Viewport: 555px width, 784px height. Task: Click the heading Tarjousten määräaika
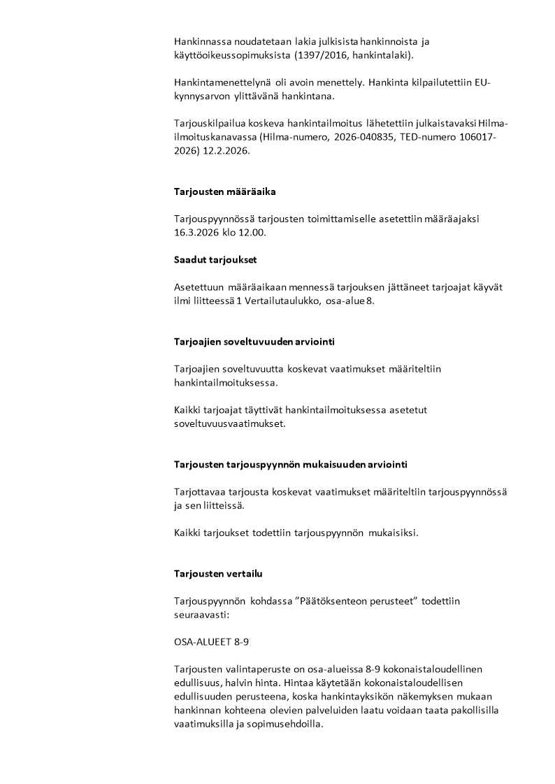pos(229,191)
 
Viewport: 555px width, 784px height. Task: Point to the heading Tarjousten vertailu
pos(218,574)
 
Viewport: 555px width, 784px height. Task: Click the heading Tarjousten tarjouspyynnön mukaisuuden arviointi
pos(290,464)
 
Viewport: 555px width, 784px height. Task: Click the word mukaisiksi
pos(395,532)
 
